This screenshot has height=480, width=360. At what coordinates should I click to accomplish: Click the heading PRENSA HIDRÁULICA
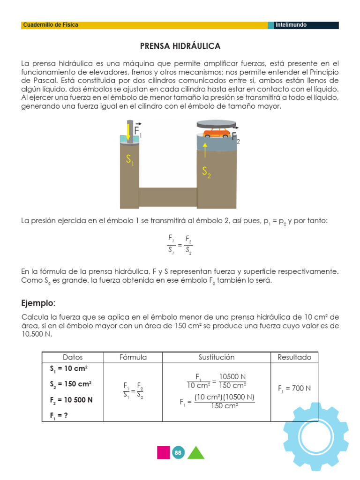[x=180, y=46]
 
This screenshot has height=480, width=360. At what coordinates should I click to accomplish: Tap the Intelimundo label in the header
[x=291, y=25]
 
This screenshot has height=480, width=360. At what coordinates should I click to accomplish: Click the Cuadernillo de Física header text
[x=50, y=25]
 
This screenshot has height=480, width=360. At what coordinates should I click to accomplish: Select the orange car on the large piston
[x=216, y=134]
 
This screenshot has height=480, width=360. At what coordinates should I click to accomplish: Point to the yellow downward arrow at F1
[x=128, y=131]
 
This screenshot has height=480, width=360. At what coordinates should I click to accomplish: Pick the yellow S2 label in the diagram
[x=206, y=172]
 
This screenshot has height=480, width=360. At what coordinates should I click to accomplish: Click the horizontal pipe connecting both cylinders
[x=168, y=197]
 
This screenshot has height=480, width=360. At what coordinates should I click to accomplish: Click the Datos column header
[x=72, y=357]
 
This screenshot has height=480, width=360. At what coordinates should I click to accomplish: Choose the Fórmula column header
[x=133, y=357]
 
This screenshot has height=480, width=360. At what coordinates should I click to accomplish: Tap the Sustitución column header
[x=216, y=357]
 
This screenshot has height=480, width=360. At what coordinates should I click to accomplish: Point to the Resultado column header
[x=294, y=357]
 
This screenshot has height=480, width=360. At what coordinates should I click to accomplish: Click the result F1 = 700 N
[x=294, y=389]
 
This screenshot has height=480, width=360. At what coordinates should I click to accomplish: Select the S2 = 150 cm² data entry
[x=70, y=384]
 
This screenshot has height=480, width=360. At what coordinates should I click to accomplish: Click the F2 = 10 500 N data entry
[x=71, y=400]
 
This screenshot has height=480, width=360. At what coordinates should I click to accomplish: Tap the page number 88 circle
[x=178, y=452]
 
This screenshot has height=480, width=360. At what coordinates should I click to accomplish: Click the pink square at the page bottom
[x=163, y=452]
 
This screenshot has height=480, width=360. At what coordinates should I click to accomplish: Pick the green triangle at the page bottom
[x=195, y=453]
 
